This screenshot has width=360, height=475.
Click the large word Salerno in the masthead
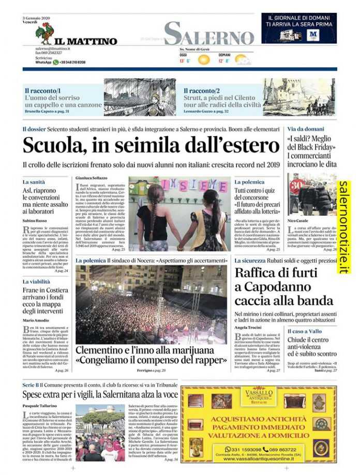(209, 34)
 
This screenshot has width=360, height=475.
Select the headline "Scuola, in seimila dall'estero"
(151, 145)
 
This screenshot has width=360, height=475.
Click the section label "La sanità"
(34, 182)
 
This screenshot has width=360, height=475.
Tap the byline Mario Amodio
(36, 320)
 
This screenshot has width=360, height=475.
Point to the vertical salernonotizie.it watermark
(343, 227)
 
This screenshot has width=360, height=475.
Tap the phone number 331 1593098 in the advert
(243, 449)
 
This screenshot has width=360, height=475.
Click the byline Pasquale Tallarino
(41, 406)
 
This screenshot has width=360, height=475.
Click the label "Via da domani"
(306, 129)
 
